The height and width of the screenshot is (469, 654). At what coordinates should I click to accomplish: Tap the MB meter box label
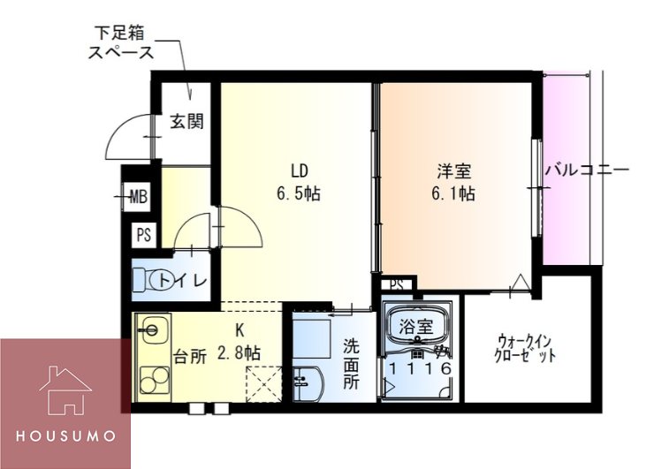pyautogui.click(x=139, y=196)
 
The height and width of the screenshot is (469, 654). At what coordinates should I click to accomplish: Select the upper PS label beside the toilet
pyautogui.click(x=142, y=235)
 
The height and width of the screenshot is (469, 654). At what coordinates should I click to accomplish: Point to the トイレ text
pyautogui.click(x=187, y=281)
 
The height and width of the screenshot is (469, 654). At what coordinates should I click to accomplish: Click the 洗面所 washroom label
pyautogui.click(x=351, y=366)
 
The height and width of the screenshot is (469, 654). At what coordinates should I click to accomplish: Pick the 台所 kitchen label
pyautogui.click(x=189, y=357)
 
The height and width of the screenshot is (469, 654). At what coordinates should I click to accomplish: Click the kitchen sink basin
pyautogui.click(x=151, y=333)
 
